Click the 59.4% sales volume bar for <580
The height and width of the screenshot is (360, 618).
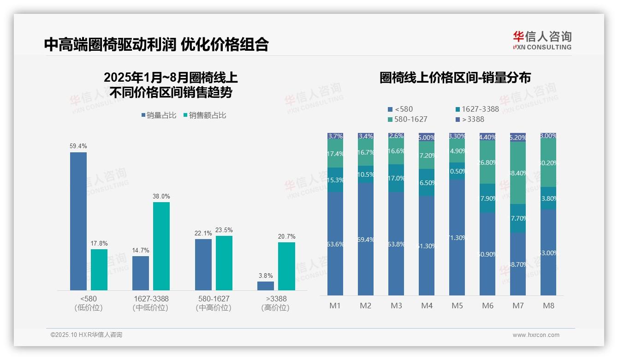pos(78,221)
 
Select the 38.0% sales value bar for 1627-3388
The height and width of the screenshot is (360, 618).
pos(161,246)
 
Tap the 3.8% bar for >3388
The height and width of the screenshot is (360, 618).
pos(266,286)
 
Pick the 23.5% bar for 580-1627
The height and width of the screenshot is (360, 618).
pos(224,263)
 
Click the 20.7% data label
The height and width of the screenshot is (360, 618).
pos(286,237)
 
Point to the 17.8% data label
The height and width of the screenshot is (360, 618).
pos(99,244)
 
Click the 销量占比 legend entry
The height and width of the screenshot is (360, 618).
pos(159,115)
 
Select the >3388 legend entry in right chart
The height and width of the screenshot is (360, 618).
pos(470,120)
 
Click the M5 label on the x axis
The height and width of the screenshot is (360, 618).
pos(457,306)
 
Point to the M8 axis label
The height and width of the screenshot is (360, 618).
pos(548,306)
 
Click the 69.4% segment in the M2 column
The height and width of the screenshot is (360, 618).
pos(366,239)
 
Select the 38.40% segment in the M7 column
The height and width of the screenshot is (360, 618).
pos(518,173)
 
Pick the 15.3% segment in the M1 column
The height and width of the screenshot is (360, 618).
pos(335,180)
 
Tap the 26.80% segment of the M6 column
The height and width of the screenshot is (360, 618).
pos(487,162)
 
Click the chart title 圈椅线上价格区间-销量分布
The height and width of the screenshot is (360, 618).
pos(455,78)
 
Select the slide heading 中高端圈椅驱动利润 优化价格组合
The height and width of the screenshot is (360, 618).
pos(156,44)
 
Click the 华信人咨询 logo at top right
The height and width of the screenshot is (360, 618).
pos(542,40)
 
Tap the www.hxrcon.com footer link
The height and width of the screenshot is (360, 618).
pos(536,335)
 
